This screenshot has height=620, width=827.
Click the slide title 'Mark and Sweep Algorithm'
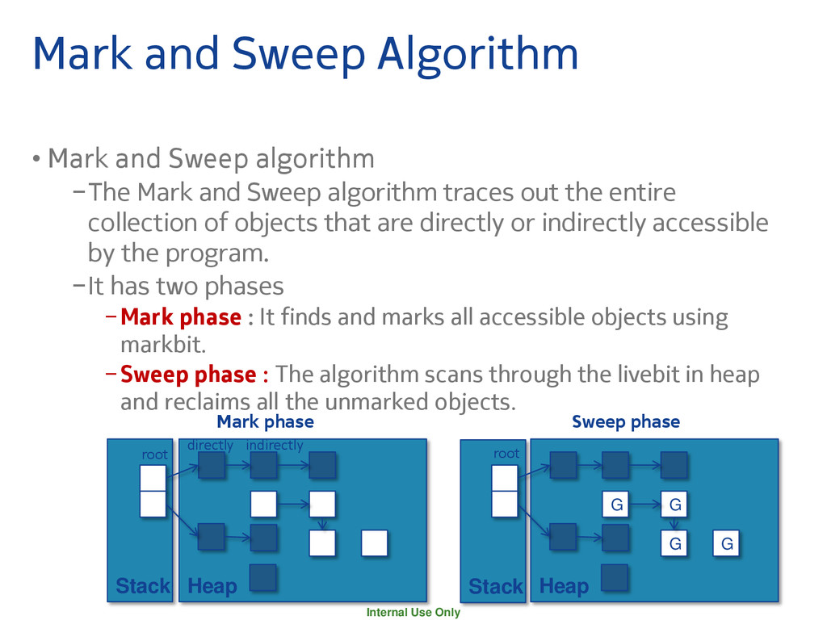pyautogui.click(x=305, y=53)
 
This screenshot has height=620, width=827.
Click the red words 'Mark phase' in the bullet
pyautogui.click(x=180, y=317)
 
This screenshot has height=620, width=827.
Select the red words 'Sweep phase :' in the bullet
pyautogui.click(x=194, y=375)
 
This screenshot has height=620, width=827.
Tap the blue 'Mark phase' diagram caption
pyautogui.click(x=265, y=421)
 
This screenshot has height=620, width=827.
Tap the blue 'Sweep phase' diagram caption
pyautogui.click(x=625, y=421)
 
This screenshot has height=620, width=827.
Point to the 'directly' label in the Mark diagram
pyautogui.click(x=210, y=446)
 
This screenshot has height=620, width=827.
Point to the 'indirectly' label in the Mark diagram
pyautogui.click(x=275, y=446)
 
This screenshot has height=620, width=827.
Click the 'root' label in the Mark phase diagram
pyautogui.click(x=154, y=455)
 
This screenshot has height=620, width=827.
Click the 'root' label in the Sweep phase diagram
pyautogui.click(x=506, y=454)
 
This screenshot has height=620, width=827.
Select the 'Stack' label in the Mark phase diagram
pyautogui.click(x=142, y=586)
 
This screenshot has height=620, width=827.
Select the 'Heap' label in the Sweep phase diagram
pyautogui.click(x=564, y=586)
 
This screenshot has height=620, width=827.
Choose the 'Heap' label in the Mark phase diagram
pyautogui.click(x=212, y=586)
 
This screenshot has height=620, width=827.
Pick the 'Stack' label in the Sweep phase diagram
pyautogui.click(x=495, y=586)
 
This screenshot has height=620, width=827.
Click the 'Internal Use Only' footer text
pyautogui.click(x=413, y=613)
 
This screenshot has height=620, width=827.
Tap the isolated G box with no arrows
pyautogui.click(x=727, y=544)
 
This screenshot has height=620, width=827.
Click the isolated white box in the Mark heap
pyautogui.click(x=375, y=543)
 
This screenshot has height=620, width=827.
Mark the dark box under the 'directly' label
pyautogui.click(x=212, y=466)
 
